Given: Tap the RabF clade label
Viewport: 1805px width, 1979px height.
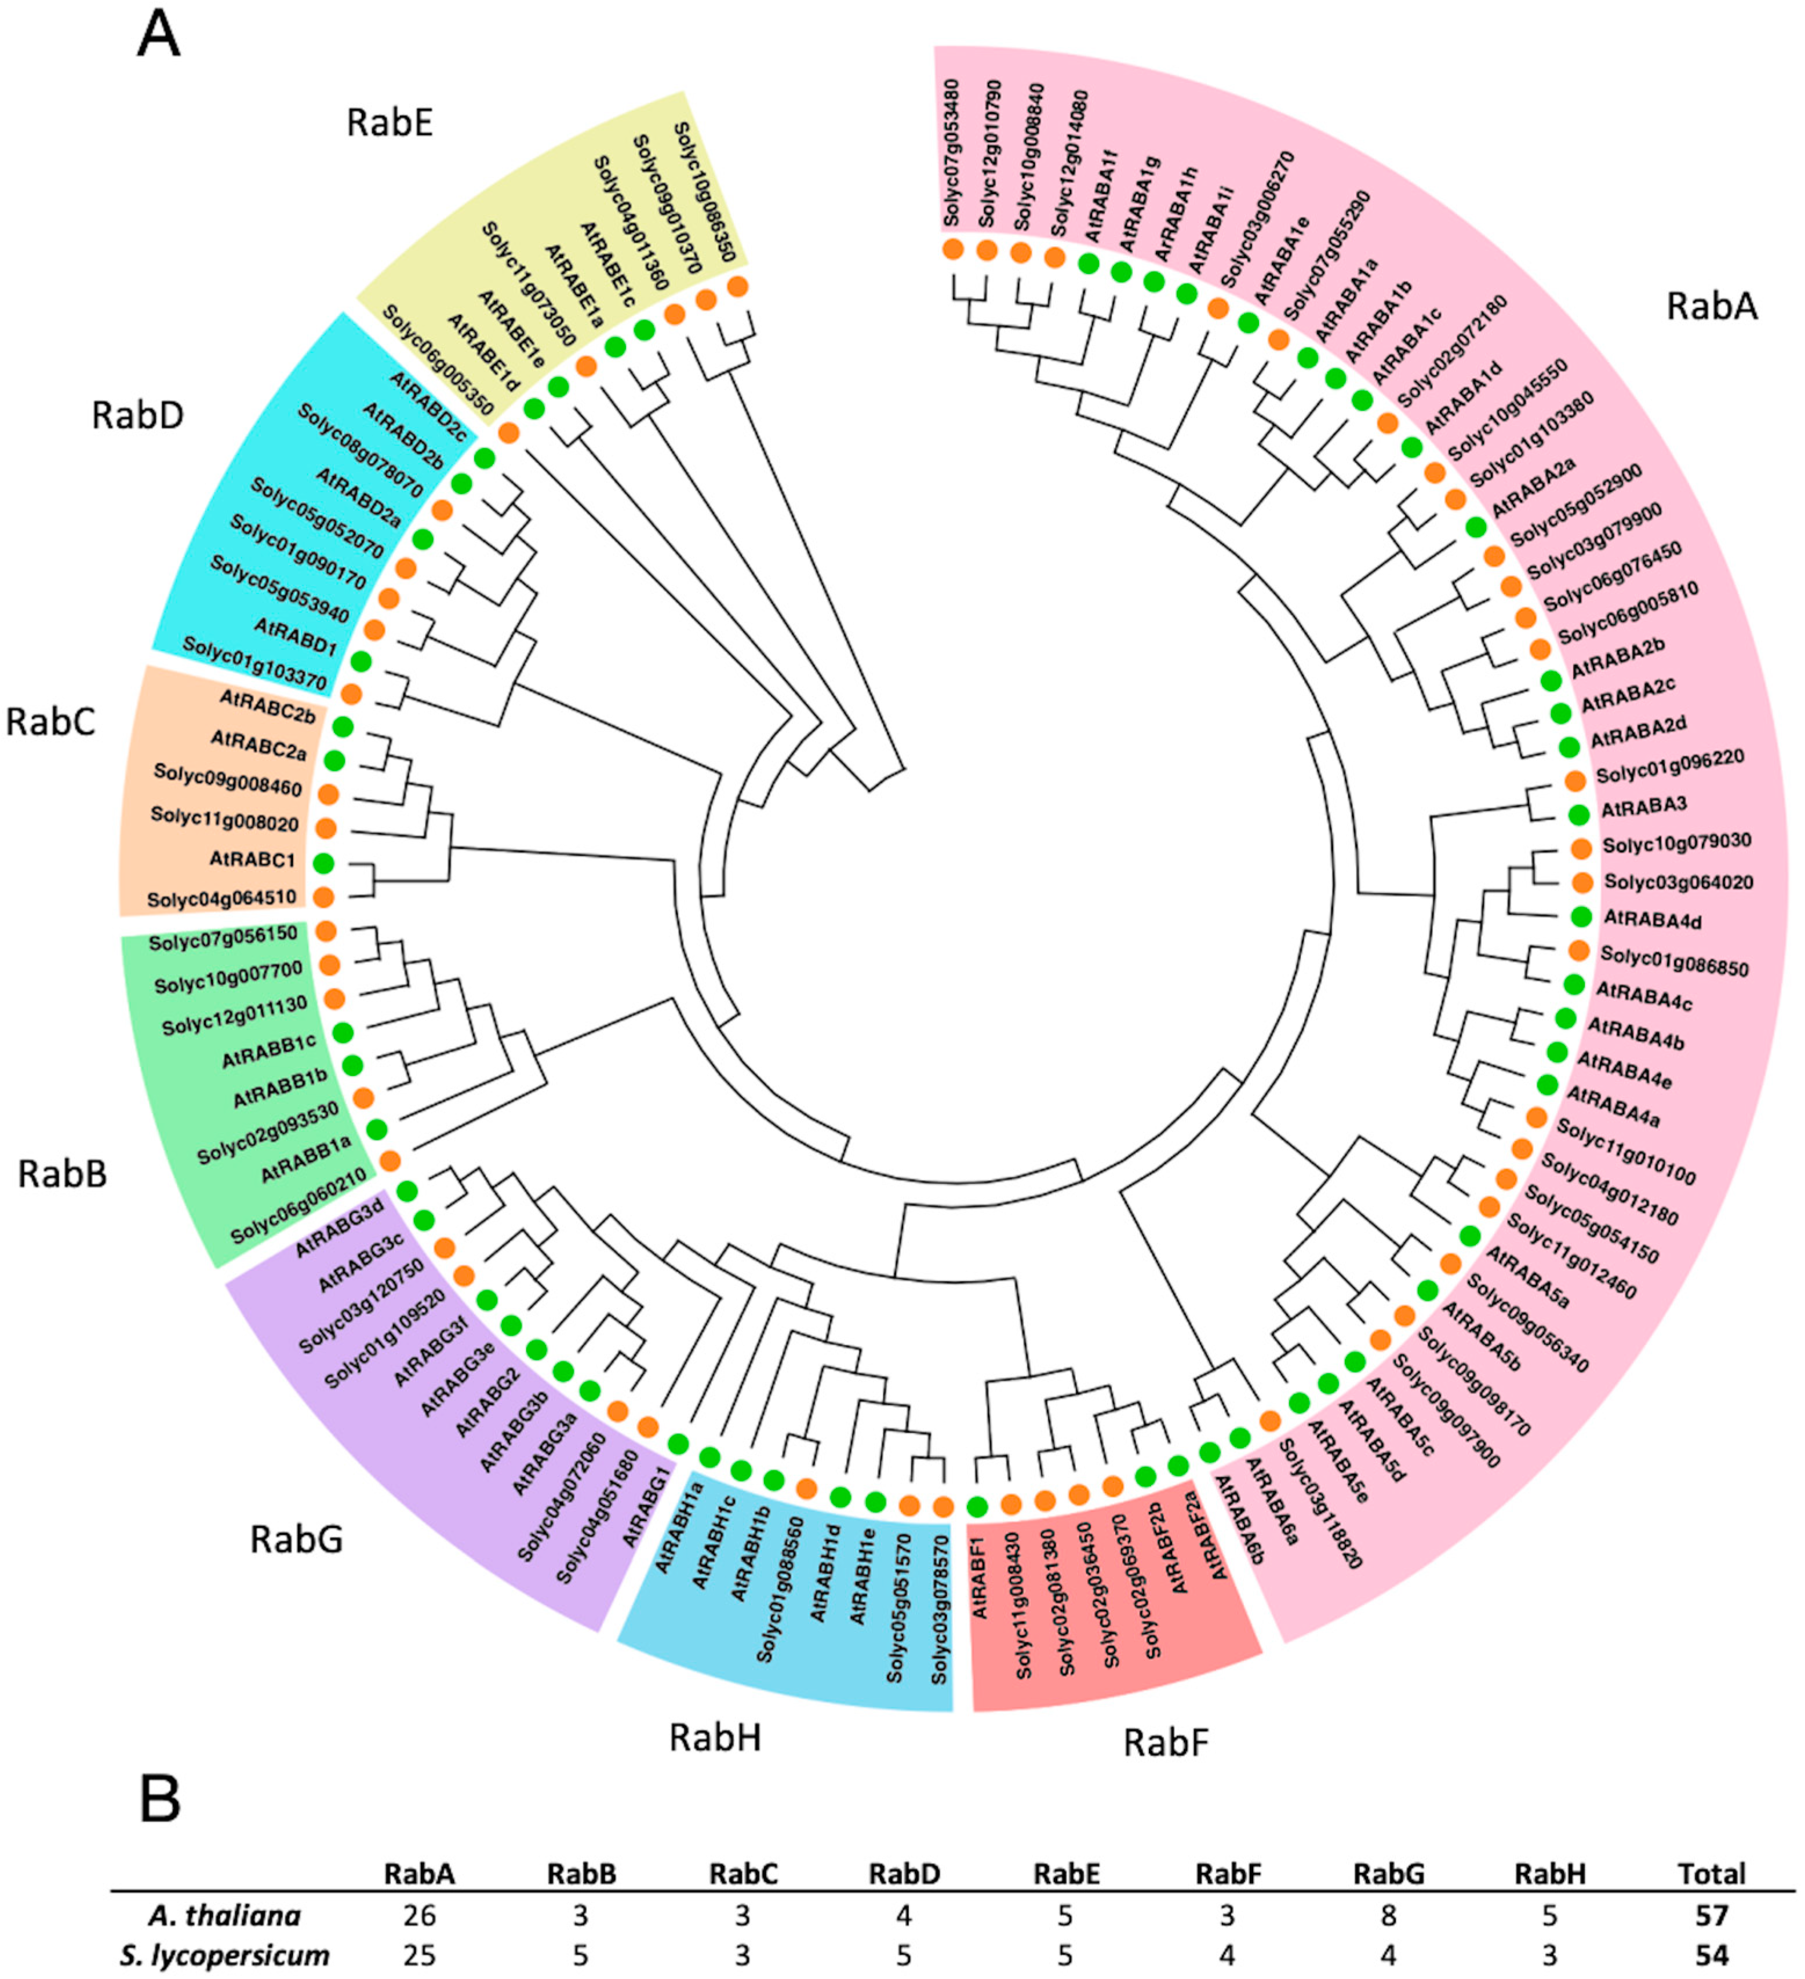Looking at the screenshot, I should (x=1166, y=1743).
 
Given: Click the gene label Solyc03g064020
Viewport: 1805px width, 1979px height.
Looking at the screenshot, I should (x=1678, y=882).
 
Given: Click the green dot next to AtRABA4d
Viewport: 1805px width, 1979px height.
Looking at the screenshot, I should (x=1580, y=917).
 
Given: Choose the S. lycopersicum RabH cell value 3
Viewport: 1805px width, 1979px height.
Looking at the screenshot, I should (x=1549, y=1955).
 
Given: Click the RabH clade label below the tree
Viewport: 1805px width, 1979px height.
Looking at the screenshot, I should (x=715, y=1737).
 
